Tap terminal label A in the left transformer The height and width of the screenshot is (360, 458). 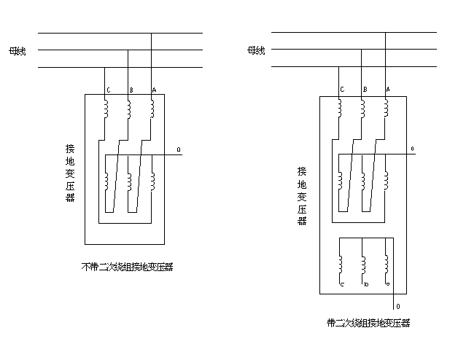click(x=153, y=90)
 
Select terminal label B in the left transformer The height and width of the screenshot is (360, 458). click(x=131, y=90)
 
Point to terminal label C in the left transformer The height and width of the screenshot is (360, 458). click(x=108, y=90)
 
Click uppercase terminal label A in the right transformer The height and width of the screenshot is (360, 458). click(x=387, y=89)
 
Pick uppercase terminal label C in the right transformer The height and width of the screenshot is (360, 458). click(x=341, y=89)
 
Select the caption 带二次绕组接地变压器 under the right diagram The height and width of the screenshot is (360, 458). click(x=368, y=321)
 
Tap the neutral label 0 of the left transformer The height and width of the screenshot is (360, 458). click(x=178, y=151)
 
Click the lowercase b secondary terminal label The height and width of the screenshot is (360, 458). click(x=365, y=283)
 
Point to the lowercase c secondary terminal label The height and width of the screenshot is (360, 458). click(x=342, y=283)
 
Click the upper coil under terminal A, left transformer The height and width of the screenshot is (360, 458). click(x=152, y=108)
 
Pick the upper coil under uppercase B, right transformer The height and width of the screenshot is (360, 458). click(x=363, y=108)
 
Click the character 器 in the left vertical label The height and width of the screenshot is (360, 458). click(x=69, y=197)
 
